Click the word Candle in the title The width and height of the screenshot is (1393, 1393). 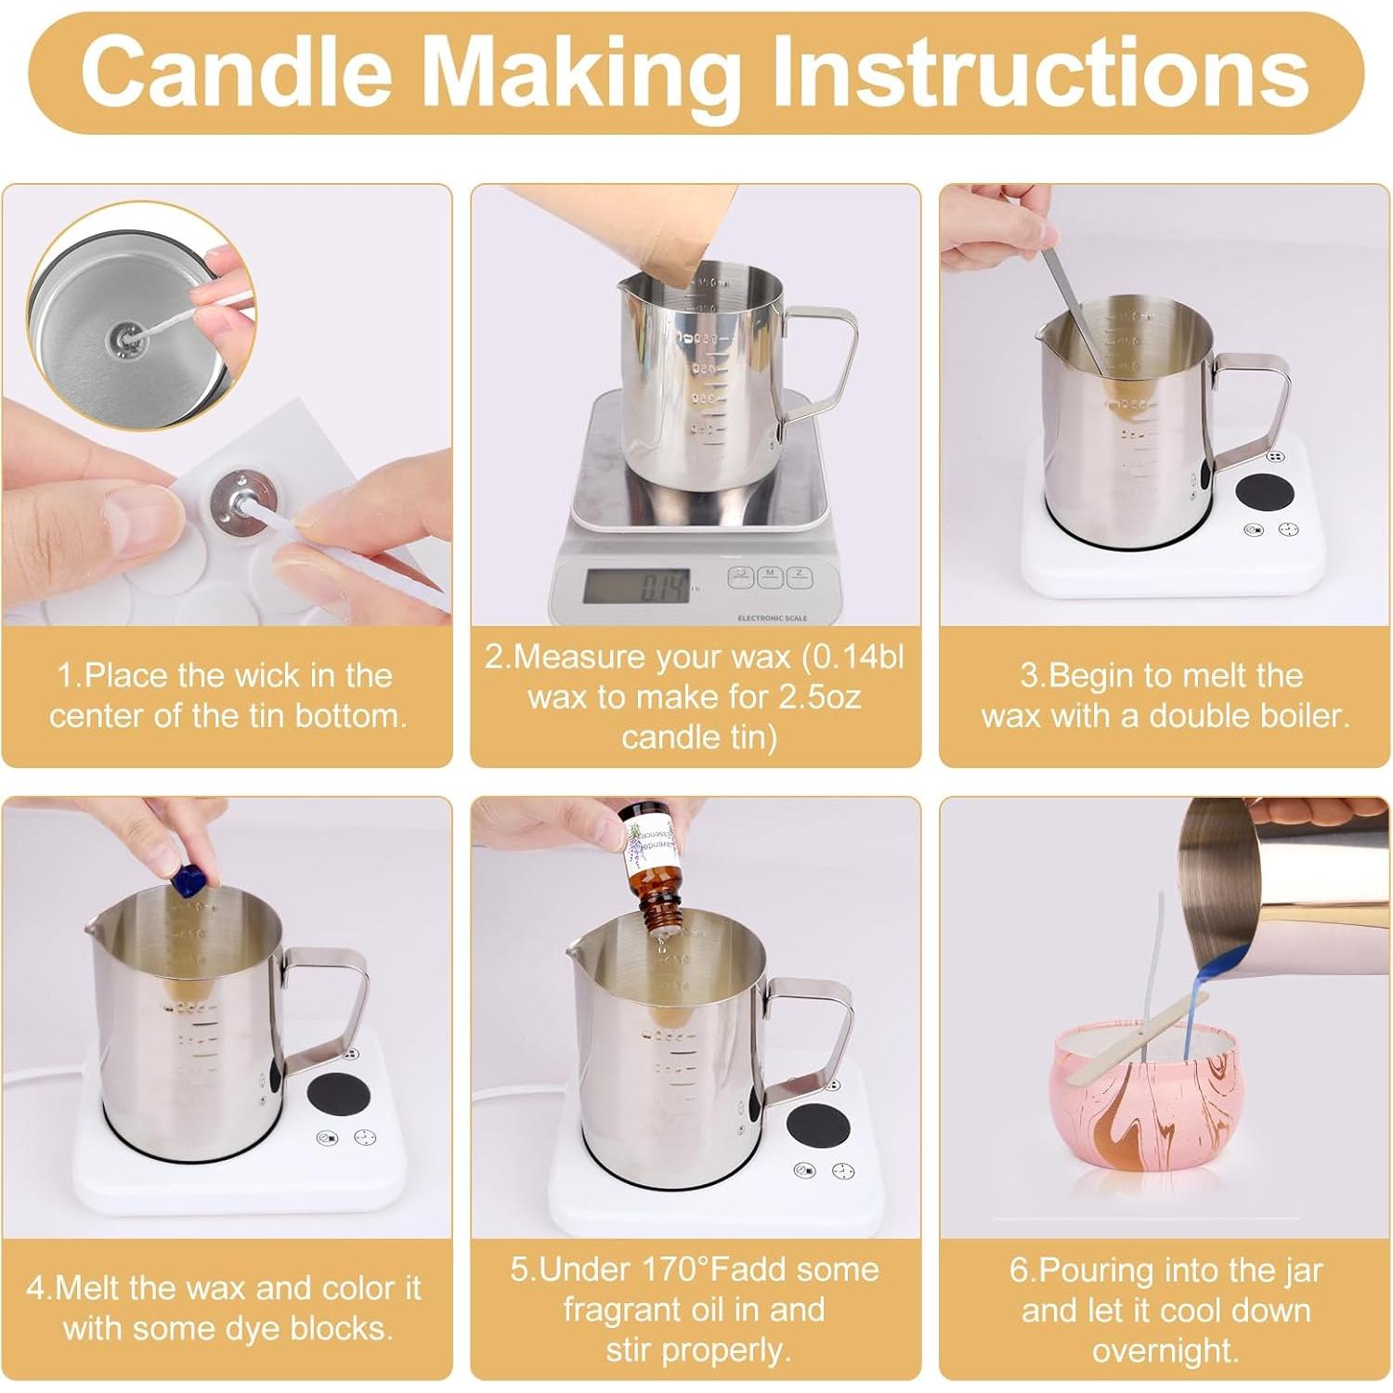234,72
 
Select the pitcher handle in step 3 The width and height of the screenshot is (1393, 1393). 1254,409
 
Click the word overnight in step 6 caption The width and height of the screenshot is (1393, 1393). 1165,1350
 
